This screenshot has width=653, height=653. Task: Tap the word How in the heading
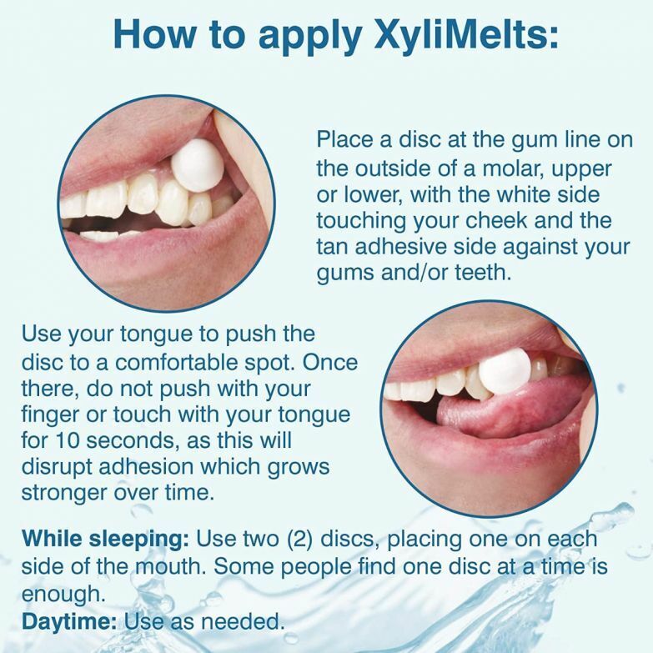click(x=156, y=34)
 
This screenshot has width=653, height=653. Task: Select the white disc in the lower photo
click(x=505, y=371)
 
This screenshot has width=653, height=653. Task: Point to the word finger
click(x=54, y=414)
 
